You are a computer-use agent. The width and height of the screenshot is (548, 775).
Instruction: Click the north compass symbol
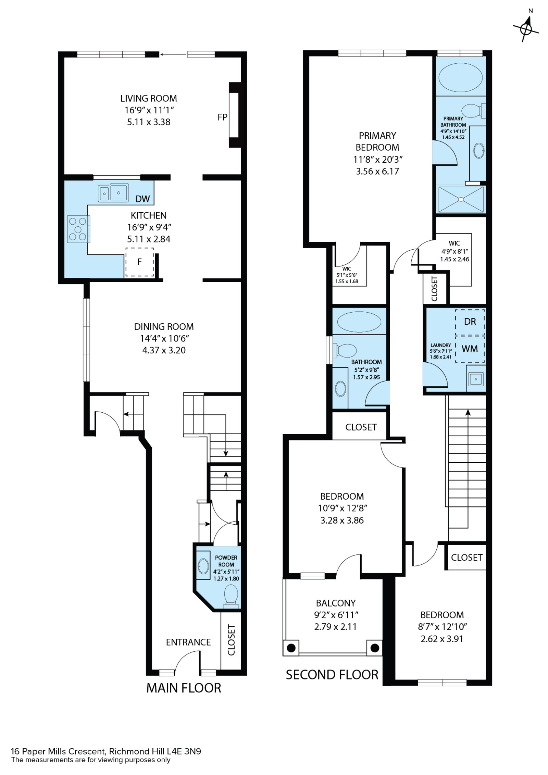pyautogui.click(x=526, y=29)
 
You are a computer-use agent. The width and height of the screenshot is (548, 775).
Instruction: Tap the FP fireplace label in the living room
pyautogui.click(x=222, y=117)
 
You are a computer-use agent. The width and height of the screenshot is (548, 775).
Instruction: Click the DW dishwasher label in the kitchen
pyautogui.click(x=142, y=199)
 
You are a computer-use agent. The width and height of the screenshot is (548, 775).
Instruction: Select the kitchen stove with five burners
pyautogui.click(x=78, y=229)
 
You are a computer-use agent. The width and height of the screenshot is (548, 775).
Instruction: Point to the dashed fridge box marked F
pyautogui.click(x=140, y=262)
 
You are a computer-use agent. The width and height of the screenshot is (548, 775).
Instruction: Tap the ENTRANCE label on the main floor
pyautogui.click(x=188, y=642)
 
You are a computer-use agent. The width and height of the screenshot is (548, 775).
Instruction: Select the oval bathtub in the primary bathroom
pyautogui.click(x=461, y=77)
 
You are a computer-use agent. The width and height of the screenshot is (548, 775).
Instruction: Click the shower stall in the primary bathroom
pyautogui.click(x=461, y=199)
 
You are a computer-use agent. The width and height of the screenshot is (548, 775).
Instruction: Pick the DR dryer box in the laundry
pyautogui.click(x=470, y=322)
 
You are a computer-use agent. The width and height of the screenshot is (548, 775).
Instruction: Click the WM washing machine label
pyautogui.click(x=470, y=349)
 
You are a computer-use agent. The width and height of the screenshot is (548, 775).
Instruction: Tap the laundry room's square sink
pyautogui.click(x=476, y=379)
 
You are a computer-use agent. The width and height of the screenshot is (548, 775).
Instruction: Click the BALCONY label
pyautogui.click(x=336, y=603)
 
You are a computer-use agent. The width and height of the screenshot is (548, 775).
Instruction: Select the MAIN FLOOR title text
pyautogui.click(x=184, y=688)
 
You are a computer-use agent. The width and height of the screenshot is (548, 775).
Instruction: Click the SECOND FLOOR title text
pyautogui.click(x=332, y=675)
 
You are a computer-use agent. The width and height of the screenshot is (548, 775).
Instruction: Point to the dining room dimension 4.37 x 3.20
pyautogui.click(x=164, y=350)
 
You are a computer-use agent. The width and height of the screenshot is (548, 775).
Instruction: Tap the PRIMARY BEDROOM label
pyautogui.click(x=377, y=141)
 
